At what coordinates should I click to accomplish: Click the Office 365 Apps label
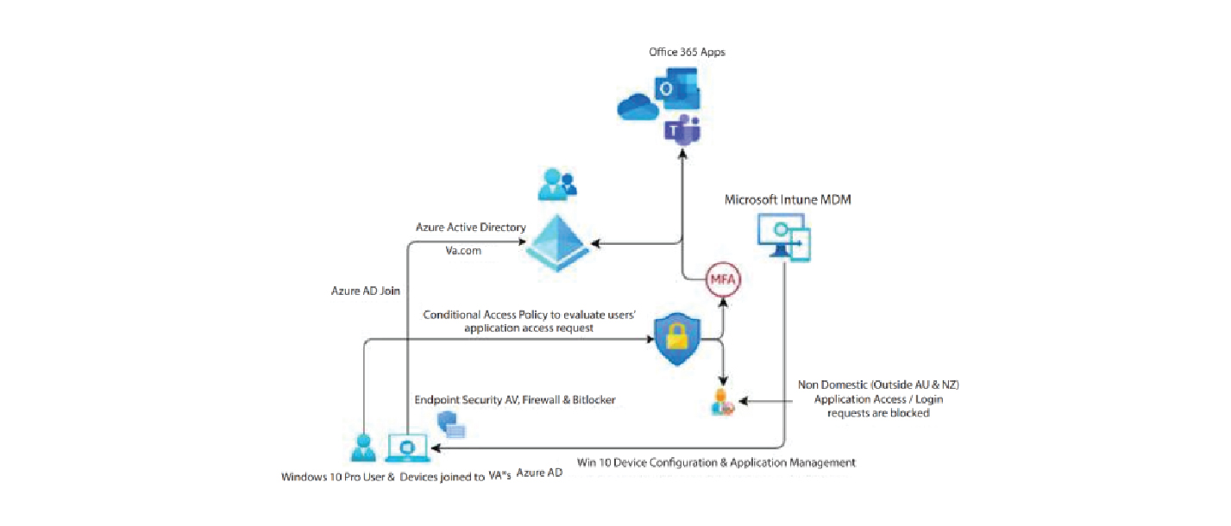pos(687,53)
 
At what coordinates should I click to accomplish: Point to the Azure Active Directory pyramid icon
pos(558,244)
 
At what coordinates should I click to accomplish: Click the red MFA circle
pos(724,280)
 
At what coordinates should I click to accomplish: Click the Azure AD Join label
pos(365,291)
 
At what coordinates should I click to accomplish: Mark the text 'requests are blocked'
pos(878,413)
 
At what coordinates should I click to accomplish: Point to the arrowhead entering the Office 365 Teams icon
pos(682,152)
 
